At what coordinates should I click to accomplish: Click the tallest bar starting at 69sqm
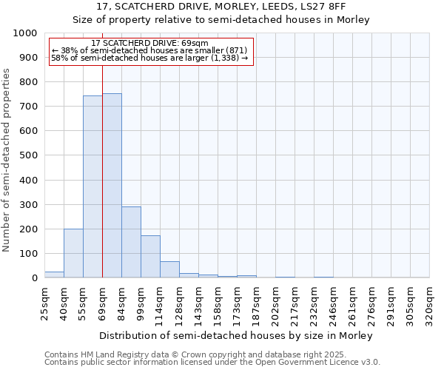[112, 185]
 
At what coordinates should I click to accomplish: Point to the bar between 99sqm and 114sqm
[150, 257]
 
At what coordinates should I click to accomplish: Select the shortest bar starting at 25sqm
[54, 275]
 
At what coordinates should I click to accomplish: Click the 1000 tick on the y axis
[25, 33]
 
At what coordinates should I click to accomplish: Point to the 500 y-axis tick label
[28, 155]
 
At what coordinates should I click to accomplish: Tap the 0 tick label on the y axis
[34, 278]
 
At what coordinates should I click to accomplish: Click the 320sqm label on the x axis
[429, 303]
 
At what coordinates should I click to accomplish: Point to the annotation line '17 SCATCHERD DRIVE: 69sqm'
[150, 43]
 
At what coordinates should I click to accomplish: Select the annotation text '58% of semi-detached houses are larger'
[152, 58]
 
